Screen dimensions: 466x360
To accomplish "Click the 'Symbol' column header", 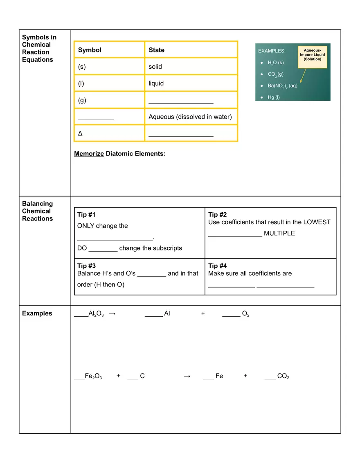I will click(x=90, y=50).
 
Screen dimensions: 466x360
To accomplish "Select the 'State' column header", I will click(x=156, y=50).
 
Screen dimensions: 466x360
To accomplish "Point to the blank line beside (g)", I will click(x=181, y=100).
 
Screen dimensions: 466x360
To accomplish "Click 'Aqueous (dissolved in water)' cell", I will click(x=190, y=117).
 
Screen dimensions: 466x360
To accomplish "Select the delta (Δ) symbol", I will click(x=81, y=134).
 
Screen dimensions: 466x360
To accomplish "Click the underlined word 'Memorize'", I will click(x=89, y=154).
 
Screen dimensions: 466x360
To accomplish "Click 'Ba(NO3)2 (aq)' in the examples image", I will click(x=282, y=86).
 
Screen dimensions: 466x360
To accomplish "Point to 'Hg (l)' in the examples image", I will click(x=274, y=98).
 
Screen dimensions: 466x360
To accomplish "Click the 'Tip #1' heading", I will click(x=86, y=215).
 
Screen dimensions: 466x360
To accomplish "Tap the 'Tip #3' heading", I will click(x=86, y=266).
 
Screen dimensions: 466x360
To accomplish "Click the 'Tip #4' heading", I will click(x=217, y=266).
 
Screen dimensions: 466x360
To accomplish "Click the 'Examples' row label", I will click(x=37, y=313).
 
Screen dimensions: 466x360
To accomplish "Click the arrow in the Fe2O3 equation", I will click(x=187, y=376).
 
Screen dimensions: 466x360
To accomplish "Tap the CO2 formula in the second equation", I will click(x=283, y=376).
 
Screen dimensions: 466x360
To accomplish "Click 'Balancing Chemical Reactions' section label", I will click(x=37, y=211).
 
